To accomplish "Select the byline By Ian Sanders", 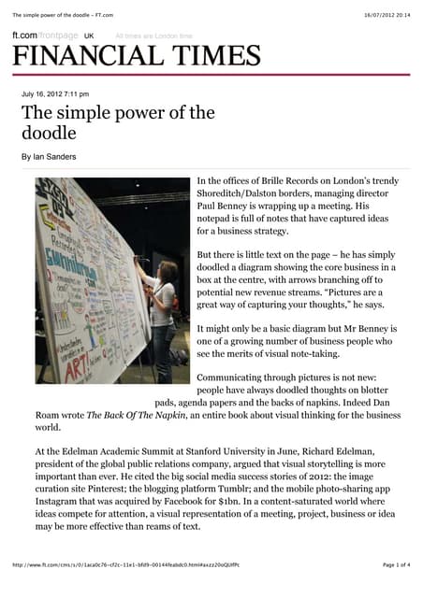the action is tap(49, 156).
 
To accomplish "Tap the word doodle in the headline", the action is tap(51, 134).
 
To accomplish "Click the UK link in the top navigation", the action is tap(89, 35).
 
